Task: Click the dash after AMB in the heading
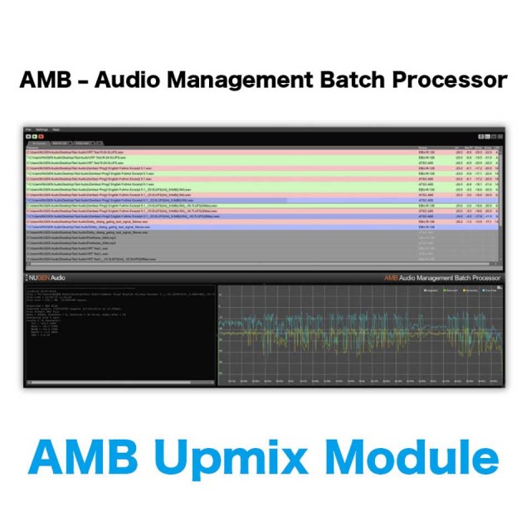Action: pyautogui.click(x=85, y=81)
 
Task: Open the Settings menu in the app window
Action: pyautogui.click(x=41, y=130)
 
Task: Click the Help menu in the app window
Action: pyautogui.click(x=56, y=130)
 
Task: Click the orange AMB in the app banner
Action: pyautogui.click(x=391, y=278)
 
